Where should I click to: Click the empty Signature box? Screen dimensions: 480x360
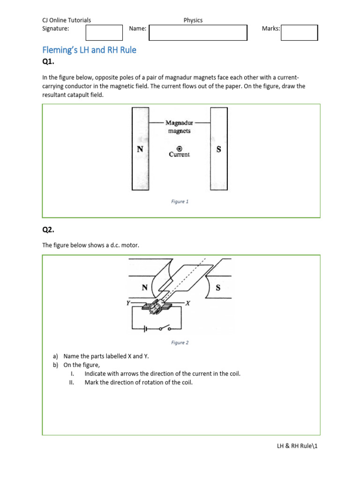(x=104, y=33)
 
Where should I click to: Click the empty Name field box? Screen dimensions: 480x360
(x=198, y=33)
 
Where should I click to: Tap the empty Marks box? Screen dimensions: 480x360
(x=300, y=33)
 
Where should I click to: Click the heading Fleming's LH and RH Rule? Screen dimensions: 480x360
(x=89, y=50)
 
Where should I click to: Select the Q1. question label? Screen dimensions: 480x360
(x=49, y=63)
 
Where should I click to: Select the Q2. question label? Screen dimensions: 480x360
(x=49, y=230)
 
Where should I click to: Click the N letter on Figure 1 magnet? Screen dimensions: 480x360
(x=140, y=148)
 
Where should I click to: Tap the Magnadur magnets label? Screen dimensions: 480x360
(x=179, y=127)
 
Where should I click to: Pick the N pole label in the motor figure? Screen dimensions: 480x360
(x=145, y=288)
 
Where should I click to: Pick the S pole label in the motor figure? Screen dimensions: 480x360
(x=218, y=288)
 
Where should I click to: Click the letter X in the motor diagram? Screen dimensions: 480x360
(x=187, y=303)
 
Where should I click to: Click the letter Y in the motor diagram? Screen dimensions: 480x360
(x=127, y=303)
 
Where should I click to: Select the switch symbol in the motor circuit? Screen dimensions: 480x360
(x=164, y=329)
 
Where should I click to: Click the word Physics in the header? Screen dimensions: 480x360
(x=193, y=20)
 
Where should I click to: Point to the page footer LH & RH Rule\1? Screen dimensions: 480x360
(x=297, y=447)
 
